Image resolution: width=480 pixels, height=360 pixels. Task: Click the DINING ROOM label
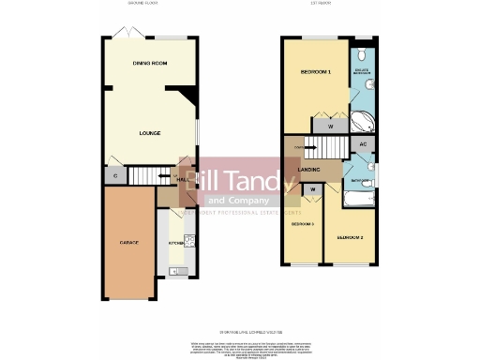tap(150, 63)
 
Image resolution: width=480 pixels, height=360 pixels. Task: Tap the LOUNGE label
tap(150, 133)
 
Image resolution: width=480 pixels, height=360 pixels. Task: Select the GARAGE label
tap(128, 243)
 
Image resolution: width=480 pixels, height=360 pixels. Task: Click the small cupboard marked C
tap(115, 175)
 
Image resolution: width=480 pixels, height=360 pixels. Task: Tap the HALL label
tap(184, 178)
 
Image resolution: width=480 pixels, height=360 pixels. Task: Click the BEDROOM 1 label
tap(315, 72)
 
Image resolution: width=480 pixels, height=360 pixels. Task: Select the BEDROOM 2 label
tap(350, 236)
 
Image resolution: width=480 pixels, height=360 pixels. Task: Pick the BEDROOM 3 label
tap(302, 225)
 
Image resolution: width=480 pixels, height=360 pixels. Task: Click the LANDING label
tap(309, 170)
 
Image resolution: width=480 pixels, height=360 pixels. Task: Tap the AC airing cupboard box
tap(363, 144)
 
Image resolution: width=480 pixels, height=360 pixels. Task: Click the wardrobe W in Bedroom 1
tap(331, 125)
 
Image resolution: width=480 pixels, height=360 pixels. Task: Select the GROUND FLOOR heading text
tap(142, 5)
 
